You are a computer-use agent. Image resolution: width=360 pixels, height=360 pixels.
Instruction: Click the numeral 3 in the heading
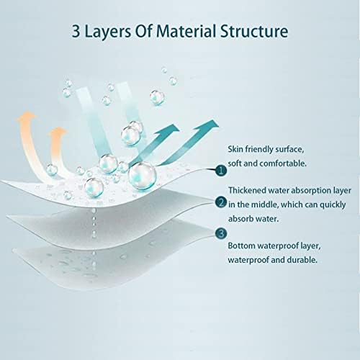click(x=76, y=32)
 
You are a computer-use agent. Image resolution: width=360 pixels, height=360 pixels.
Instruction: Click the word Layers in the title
click(x=108, y=32)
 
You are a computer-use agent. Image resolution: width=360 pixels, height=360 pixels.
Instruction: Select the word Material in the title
click(x=186, y=31)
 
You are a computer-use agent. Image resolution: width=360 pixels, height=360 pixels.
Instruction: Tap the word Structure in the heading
click(x=254, y=31)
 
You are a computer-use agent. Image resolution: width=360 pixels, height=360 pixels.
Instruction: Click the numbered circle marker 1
click(x=221, y=171)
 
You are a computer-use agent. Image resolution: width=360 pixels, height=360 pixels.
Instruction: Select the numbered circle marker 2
click(x=221, y=202)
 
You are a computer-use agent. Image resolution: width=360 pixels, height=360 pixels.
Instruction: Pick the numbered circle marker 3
click(x=221, y=233)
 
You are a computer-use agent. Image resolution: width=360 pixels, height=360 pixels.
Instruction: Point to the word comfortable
click(x=283, y=163)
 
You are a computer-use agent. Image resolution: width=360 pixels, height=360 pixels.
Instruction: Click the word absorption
click(x=308, y=191)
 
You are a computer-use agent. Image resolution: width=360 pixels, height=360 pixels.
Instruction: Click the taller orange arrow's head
click(x=27, y=116)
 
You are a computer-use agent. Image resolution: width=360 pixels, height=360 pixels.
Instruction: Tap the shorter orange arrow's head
click(x=58, y=132)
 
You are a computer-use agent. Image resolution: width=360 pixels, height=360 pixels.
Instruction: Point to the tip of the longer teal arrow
click(x=217, y=126)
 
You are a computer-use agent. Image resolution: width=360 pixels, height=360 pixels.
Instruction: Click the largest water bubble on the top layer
click(x=142, y=176)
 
